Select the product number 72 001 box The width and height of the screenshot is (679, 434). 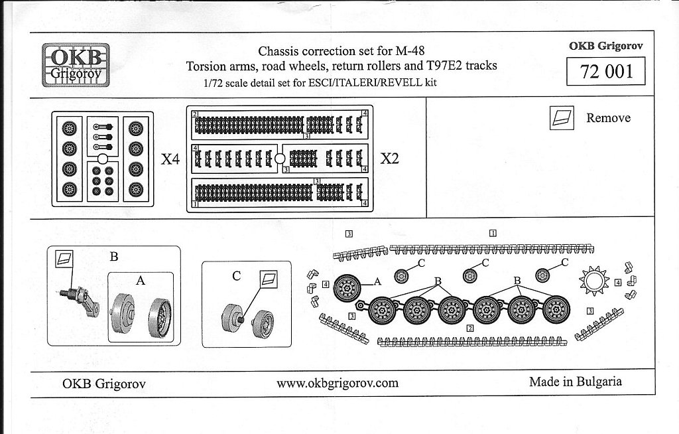pos(606,72)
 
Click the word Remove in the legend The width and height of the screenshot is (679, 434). pos(608,118)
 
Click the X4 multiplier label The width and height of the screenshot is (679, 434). pos(171,159)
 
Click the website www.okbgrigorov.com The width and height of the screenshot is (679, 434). pos(338,383)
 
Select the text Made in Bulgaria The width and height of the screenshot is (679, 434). pos(575,382)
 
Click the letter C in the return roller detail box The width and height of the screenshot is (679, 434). pos(236,277)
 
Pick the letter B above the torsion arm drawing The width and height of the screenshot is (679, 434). pos(113,257)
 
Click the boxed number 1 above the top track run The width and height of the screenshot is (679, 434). pos(493,234)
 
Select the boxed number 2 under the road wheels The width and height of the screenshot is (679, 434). pos(469,328)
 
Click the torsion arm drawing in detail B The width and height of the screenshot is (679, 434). pos(84,301)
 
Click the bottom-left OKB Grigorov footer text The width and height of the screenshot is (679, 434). pos(103,384)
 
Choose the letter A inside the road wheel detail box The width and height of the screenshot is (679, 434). pos(140,281)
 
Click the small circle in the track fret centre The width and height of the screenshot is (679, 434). pos(280,159)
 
